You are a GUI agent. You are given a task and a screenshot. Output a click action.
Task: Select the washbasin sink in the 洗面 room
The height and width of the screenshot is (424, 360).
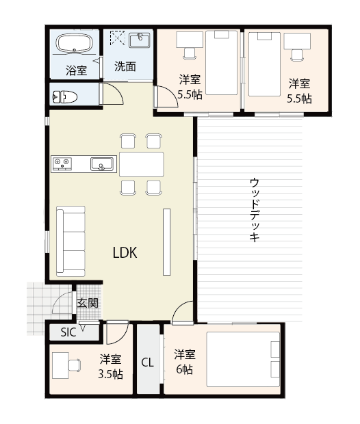[x=140, y=40]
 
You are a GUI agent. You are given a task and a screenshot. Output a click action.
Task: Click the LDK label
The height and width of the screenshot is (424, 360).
[x=125, y=252]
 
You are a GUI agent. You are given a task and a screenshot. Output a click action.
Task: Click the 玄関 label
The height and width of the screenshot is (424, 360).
[x=87, y=303]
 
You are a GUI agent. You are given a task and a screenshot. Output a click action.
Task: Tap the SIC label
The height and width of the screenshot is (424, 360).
[x=68, y=332]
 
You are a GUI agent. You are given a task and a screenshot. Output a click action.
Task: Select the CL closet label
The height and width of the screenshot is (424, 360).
[x=147, y=362]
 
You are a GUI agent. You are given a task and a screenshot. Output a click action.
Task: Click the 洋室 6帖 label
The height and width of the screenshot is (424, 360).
[x=183, y=362]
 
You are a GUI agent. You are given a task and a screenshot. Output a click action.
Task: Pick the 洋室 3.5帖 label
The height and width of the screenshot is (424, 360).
[x=110, y=367]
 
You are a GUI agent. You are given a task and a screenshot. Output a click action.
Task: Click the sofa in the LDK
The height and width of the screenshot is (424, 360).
[x=70, y=240]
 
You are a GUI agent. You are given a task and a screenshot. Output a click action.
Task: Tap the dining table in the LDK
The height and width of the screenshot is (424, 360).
[x=142, y=164]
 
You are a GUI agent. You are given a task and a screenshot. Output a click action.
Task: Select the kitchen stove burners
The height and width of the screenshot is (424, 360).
[x=62, y=163]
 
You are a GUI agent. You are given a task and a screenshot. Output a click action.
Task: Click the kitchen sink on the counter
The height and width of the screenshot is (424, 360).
[x=102, y=164]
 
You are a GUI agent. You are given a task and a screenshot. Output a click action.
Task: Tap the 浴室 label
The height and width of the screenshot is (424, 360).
[x=76, y=70]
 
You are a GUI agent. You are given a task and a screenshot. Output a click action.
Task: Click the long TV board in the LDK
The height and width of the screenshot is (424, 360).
[x=166, y=242]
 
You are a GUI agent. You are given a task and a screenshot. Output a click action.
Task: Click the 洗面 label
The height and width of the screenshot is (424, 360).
[x=125, y=67]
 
